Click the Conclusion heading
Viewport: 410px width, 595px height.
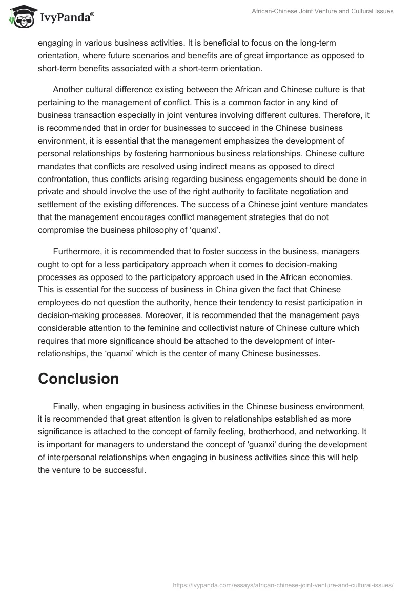78,379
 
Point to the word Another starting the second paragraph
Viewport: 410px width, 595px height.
69,89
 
